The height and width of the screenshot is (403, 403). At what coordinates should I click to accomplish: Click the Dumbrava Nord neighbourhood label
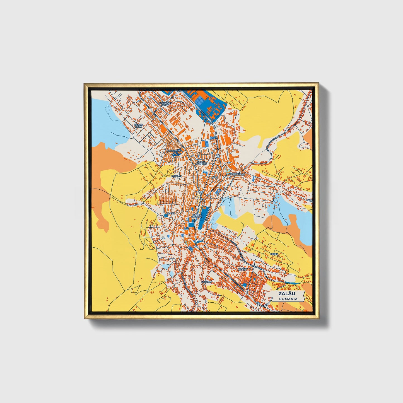coord(166,104)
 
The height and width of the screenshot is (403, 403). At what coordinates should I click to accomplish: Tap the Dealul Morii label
coord(139,126)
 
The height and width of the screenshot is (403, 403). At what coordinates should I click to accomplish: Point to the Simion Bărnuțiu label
coord(201,163)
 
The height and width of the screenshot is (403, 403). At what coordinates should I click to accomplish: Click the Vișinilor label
coord(177,176)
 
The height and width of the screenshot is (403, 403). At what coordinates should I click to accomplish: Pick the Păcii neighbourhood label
coord(214,177)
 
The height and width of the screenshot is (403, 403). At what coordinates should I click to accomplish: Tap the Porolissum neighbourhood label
coord(237,174)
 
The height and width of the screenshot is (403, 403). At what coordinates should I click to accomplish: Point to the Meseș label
coord(274,254)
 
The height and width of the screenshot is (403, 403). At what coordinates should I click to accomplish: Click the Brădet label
coord(243,270)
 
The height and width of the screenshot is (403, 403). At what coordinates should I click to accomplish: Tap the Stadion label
coord(206,282)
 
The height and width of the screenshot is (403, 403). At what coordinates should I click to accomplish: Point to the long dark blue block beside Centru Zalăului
coord(203,218)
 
